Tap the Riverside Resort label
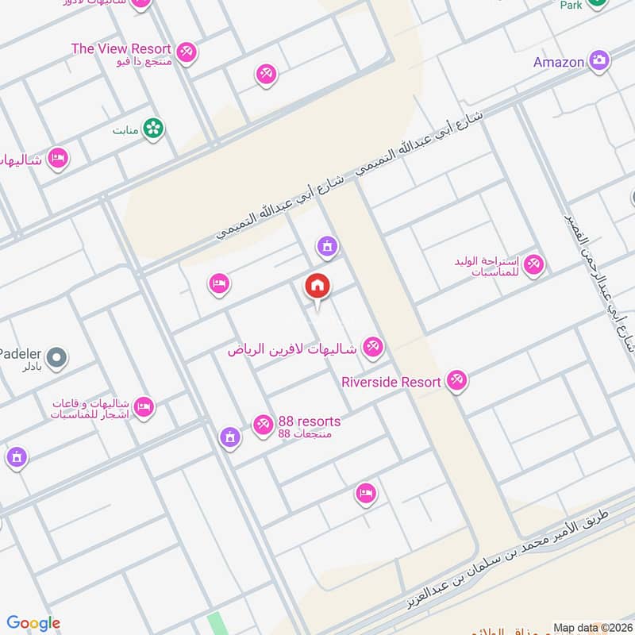391,383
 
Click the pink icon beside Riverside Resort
456,381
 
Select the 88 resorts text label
309,421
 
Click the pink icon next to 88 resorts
263,425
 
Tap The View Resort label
121,49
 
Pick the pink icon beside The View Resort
187,52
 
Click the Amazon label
559,62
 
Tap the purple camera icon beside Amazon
598,60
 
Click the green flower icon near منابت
153,128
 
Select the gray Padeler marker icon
56,360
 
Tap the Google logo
33,623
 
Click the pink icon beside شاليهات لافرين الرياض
372,347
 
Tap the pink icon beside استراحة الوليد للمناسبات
533,264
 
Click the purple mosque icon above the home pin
326,248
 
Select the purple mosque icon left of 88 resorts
229,437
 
